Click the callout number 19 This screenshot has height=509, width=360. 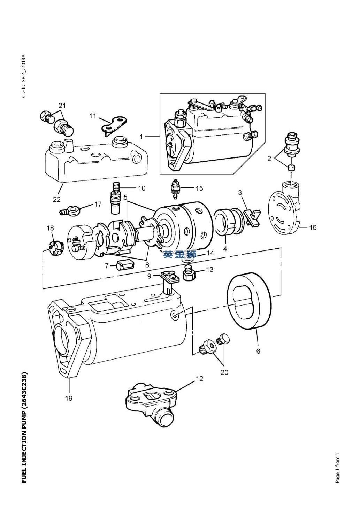point(69,398)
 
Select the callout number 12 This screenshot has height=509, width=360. point(199,379)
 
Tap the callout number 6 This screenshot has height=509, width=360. point(258,351)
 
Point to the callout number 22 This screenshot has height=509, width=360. point(56,199)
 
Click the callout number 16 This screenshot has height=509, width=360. point(313,227)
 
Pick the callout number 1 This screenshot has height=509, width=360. point(141,137)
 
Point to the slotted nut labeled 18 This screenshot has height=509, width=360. point(55,246)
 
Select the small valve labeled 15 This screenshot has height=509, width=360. point(176,189)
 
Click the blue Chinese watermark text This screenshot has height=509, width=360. point(180,255)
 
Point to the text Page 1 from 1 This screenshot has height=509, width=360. point(337,468)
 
